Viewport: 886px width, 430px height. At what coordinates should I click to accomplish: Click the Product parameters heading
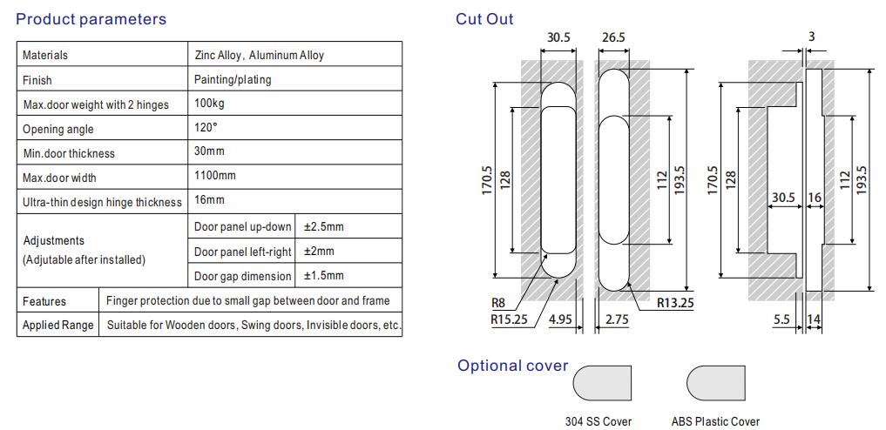pyautogui.click(x=91, y=18)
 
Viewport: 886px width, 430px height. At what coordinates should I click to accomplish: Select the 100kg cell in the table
pyautogui.click(x=208, y=104)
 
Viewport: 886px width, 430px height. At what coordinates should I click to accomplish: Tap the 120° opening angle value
pyautogui.click(x=206, y=127)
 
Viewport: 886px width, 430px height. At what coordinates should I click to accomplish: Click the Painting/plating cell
pyautogui.click(x=233, y=79)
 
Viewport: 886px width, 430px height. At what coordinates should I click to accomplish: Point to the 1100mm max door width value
pyautogui.click(x=215, y=176)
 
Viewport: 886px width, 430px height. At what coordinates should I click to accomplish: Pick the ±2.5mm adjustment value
pyautogui.click(x=323, y=226)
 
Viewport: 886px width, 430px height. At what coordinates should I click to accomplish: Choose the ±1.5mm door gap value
pyautogui.click(x=323, y=276)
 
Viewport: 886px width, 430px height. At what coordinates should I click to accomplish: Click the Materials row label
pyautogui.click(x=45, y=55)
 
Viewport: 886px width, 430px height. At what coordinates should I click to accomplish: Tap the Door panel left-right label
pyautogui.click(x=242, y=252)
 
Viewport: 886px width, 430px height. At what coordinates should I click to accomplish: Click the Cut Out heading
pyautogui.click(x=484, y=18)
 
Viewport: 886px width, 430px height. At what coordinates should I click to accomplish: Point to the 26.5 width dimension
pyautogui.click(x=613, y=37)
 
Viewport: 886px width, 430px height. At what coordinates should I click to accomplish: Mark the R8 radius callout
pyautogui.click(x=498, y=304)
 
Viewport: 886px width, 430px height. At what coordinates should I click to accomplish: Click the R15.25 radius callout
pyautogui.click(x=509, y=319)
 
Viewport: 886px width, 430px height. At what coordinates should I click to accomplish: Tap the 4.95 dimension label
pyautogui.click(x=560, y=319)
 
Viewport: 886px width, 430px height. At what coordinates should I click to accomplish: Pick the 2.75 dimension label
pyautogui.click(x=617, y=319)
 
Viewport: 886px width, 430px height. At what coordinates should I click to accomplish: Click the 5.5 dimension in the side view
pyautogui.click(x=781, y=319)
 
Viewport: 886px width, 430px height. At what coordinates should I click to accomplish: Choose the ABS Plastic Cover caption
pyautogui.click(x=715, y=421)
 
